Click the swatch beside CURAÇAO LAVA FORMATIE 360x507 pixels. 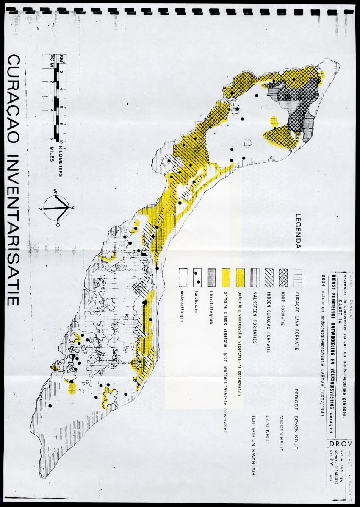[x=298, y=275]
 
